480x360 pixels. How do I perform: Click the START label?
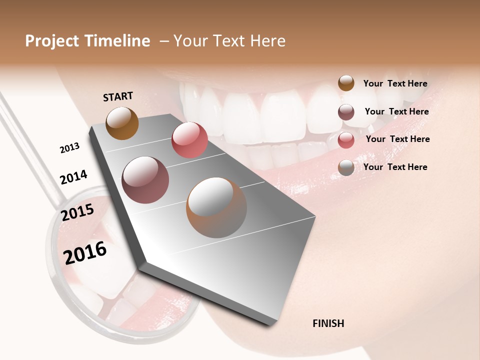(x=118, y=96)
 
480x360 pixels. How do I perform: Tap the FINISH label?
(x=328, y=323)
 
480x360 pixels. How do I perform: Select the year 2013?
(x=69, y=147)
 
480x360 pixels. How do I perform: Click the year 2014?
(x=73, y=177)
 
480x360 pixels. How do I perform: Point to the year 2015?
(x=77, y=212)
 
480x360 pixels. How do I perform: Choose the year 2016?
(x=85, y=253)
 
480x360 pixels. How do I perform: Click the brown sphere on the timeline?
(x=122, y=123)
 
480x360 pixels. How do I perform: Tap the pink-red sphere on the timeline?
(x=189, y=140)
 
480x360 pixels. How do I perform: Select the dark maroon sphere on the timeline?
(x=145, y=180)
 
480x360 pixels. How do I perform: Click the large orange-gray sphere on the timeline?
(x=216, y=207)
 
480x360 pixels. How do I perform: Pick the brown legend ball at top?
(x=346, y=83)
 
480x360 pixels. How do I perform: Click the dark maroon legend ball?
(x=346, y=112)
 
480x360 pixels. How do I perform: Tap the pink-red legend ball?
(x=346, y=140)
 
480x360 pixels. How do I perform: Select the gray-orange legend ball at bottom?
(x=346, y=167)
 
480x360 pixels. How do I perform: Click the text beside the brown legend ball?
(x=395, y=84)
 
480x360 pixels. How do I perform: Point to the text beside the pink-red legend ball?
(x=397, y=139)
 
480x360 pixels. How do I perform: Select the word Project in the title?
(x=52, y=41)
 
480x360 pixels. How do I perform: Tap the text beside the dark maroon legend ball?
(x=396, y=111)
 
